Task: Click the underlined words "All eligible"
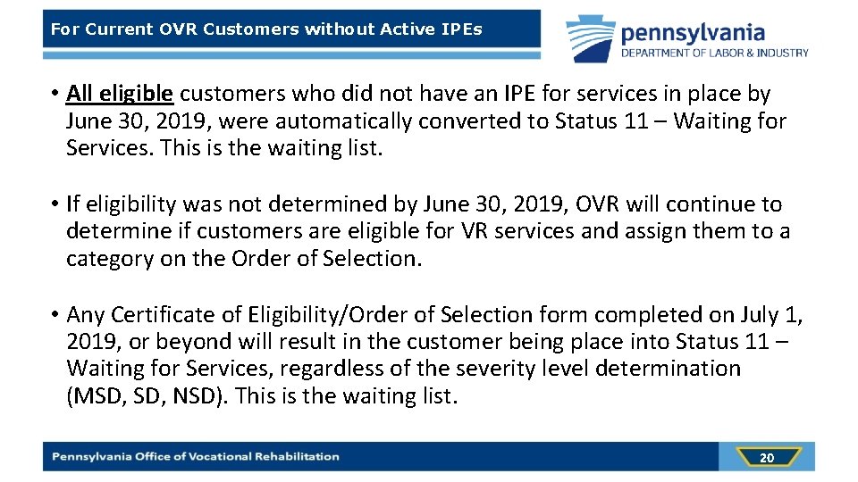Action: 120,94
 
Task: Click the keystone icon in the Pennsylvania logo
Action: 590,39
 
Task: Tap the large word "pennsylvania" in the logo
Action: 693,33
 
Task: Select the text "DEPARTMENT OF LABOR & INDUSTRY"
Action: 715,53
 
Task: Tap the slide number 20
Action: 766,458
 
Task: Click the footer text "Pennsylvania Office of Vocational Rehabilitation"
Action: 196,456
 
